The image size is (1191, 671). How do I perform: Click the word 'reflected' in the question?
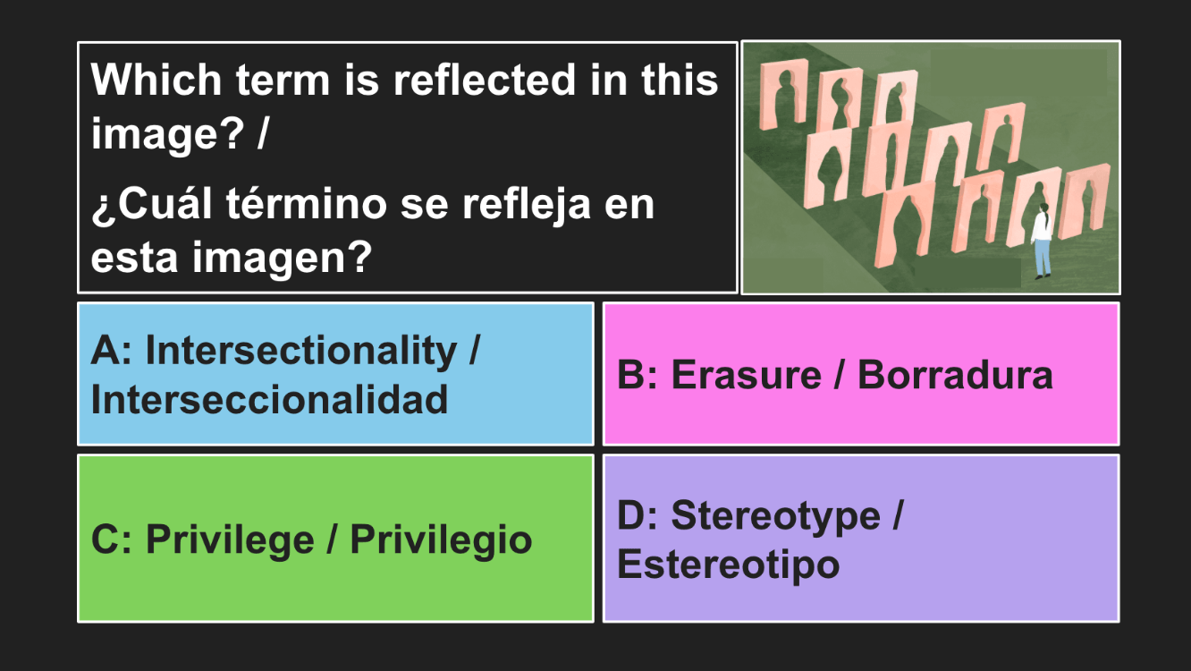pyautogui.click(x=485, y=80)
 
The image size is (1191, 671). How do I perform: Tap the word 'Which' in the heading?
pyautogui.click(x=156, y=80)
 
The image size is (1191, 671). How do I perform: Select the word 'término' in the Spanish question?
pyautogui.click(x=307, y=204)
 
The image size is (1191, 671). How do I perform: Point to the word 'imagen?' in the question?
pyautogui.click(x=282, y=258)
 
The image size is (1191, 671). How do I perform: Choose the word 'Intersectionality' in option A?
pyautogui.click(x=301, y=351)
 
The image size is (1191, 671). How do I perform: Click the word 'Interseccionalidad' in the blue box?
pyautogui.click(x=269, y=400)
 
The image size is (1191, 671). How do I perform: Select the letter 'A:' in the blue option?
pyautogui.click(x=112, y=351)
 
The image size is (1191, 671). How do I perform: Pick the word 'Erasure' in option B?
pyautogui.click(x=747, y=375)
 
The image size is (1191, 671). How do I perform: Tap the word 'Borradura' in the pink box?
pyautogui.click(x=955, y=375)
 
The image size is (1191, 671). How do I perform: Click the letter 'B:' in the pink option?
pyautogui.click(x=638, y=375)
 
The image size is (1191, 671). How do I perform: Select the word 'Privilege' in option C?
pyautogui.click(x=230, y=540)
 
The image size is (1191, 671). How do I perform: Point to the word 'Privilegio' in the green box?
pyautogui.click(x=442, y=540)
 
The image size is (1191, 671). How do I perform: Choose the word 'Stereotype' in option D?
pyautogui.click(x=776, y=515)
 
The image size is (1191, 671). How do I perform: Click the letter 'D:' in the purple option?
pyautogui.click(x=638, y=515)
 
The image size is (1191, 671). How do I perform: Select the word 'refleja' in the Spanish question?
pyautogui.click(x=527, y=205)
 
